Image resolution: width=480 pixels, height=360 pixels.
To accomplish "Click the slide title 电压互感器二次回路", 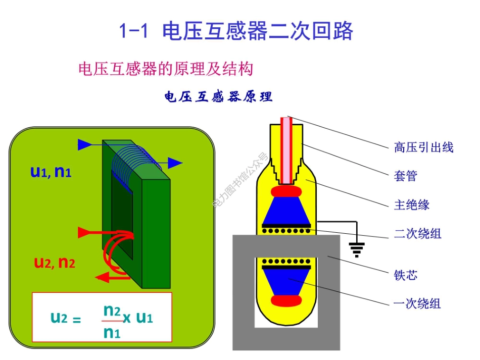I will (235, 31).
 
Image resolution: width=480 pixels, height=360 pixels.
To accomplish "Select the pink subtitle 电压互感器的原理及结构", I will (165, 69).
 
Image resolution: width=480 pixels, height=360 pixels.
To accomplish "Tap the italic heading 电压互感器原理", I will (218, 97).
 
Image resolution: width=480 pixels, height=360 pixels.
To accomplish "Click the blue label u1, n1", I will (51, 172).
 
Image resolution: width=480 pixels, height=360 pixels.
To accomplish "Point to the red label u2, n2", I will (55, 263).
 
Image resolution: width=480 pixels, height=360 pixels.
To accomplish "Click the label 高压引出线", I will (423, 147).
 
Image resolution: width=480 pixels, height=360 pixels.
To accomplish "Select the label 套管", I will (405, 176).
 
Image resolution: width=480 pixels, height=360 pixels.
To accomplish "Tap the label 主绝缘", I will (411, 205).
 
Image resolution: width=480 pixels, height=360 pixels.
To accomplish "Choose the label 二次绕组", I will (417, 234).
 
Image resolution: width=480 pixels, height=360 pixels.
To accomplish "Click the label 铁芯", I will (405, 275).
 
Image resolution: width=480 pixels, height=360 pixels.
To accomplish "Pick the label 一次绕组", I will (417, 303).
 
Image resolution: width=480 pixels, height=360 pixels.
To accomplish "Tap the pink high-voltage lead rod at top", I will (287, 149).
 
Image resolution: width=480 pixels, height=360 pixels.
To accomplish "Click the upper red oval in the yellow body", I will (286, 192).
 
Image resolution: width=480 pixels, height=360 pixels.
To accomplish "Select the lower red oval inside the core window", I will (286, 301).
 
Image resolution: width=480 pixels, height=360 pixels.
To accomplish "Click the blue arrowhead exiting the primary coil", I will (175, 163).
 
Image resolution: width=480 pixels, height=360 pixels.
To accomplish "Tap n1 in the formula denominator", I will (112, 332).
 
